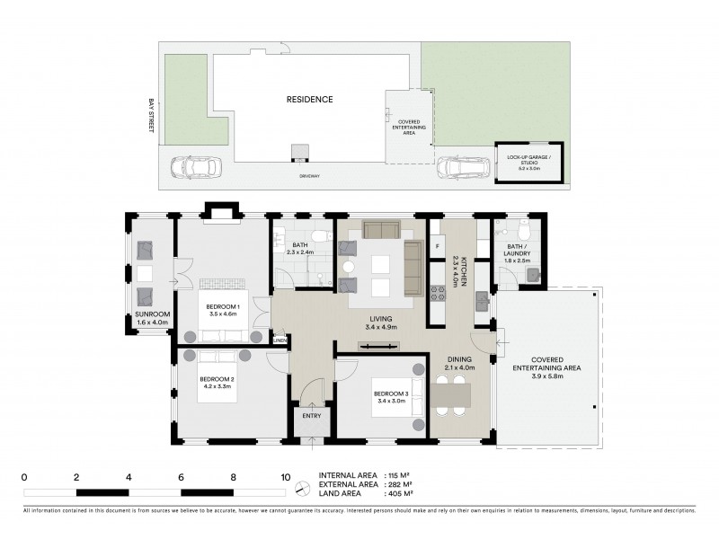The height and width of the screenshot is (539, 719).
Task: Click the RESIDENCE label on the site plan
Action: tap(310, 99)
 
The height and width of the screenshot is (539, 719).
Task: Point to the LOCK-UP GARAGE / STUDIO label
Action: tap(529, 162)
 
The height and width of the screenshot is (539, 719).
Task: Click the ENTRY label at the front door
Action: tap(311, 415)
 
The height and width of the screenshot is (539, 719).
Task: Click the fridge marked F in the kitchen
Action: tap(438, 244)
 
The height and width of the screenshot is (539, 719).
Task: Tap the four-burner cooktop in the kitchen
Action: tap(439, 292)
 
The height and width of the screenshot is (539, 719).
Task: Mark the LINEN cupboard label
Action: tap(280, 340)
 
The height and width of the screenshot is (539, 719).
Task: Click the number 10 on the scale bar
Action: tap(286, 477)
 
